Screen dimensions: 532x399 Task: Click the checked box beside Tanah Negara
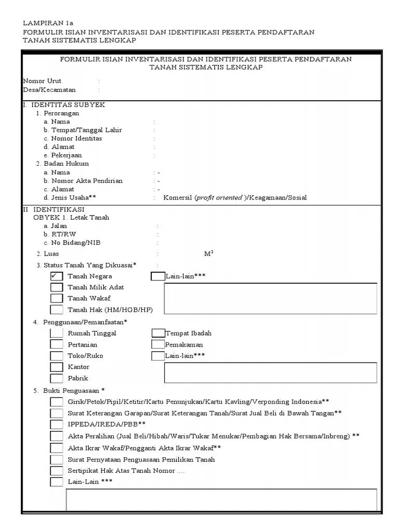click(57, 276)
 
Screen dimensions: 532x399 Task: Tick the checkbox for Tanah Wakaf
click(57, 298)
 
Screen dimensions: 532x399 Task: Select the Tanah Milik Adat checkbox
click(57, 287)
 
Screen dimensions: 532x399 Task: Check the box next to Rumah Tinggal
click(57, 334)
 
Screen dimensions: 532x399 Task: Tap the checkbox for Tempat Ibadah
click(158, 333)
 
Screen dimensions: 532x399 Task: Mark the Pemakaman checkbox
click(158, 344)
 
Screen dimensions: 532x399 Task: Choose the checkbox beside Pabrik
click(57, 378)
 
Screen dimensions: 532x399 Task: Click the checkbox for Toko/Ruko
click(57, 356)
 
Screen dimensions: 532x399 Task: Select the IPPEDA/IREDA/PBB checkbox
click(57, 424)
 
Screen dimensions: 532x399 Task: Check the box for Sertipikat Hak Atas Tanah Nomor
click(57, 471)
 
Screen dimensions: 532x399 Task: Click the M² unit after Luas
click(209, 254)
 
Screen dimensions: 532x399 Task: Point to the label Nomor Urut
click(42, 81)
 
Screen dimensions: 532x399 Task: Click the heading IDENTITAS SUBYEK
click(68, 105)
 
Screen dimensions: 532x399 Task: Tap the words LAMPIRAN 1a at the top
click(48, 23)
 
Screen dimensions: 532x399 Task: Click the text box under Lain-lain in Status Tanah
click(270, 298)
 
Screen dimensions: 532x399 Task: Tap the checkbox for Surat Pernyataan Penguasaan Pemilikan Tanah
click(57, 459)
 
